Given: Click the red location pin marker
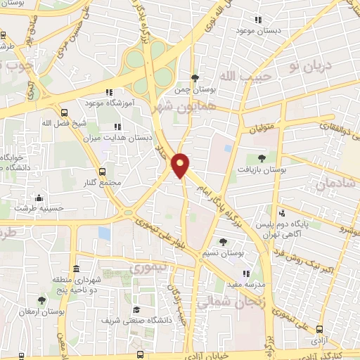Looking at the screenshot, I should pyautogui.click(x=181, y=165).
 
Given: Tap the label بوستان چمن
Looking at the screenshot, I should pyautogui.click(x=194, y=90).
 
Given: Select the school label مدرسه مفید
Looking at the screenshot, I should pyautogui.click(x=244, y=285).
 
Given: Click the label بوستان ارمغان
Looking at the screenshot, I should pyautogui.click(x=41, y=311).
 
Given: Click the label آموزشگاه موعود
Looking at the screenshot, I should pyautogui.click(x=108, y=103).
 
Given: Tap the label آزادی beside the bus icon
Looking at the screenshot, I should pyautogui.click(x=321, y=339).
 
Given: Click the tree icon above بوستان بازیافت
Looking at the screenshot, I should pyautogui.click(x=261, y=158).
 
